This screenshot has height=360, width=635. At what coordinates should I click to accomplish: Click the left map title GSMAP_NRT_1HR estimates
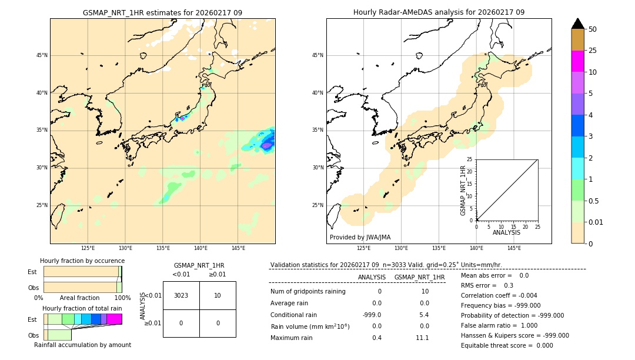click(x=162, y=12)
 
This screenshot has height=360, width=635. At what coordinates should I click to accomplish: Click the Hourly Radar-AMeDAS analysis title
click(x=439, y=12)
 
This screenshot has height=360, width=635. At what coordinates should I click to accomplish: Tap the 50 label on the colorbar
click(x=593, y=29)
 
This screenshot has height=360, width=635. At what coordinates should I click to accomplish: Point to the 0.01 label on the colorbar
click(x=596, y=222)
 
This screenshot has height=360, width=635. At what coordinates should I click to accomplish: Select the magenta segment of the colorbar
click(x=578, y=61)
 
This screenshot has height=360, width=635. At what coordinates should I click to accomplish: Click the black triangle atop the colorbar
click(x=578, y=24)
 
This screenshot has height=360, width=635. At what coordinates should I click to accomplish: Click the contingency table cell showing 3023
click(x=181, y=295)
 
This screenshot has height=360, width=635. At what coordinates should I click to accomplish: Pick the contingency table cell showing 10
click(x=218, y=295)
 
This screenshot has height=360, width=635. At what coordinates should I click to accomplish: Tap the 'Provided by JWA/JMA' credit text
click(x=360, y=237)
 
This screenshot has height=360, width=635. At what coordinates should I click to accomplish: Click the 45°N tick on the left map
click(x=42, y=55)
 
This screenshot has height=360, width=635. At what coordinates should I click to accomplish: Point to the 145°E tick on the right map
click(x=514, y=248)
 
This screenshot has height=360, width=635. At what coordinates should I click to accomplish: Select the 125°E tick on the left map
click(x=88, y=248)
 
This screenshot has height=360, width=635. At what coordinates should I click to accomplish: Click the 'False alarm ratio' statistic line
click(x=499, y=325)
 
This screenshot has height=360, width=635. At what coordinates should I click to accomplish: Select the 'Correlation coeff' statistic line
click(x=499, y=295)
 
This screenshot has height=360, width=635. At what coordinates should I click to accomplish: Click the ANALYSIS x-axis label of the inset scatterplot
click(x=506, y=232)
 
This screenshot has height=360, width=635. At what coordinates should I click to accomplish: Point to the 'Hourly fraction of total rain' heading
click(x=82, y=308)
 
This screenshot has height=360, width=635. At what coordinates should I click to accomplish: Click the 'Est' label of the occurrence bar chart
click(x=32, y=272)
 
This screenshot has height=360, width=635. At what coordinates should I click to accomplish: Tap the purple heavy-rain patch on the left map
click(x=266, y=145)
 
